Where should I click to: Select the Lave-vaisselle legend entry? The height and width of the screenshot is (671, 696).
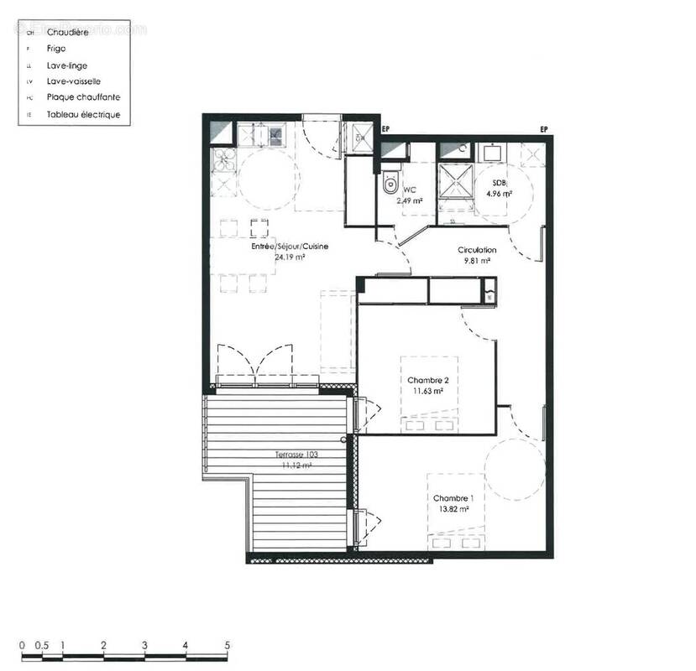tap(74, 81)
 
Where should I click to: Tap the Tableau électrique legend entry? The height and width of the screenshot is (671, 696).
tap(83, 114)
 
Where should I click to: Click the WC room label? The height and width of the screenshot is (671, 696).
tap(410, 190)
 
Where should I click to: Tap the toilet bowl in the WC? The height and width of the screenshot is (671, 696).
tap(390, 185)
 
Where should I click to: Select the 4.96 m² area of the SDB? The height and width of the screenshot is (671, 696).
tap(500, 194)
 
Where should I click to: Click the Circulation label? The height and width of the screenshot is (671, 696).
tap(477, 250)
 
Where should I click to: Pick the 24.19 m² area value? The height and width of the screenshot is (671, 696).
tap(289, 257)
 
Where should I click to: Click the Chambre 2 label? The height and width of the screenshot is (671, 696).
tap(429, 381)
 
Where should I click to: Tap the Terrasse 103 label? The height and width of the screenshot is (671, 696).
tap(296, 455)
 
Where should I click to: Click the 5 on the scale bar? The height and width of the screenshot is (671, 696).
tap(228, 646)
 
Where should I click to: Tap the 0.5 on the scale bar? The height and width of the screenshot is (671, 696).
tap(42, 646)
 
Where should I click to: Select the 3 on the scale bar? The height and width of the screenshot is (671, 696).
tap(145, 646)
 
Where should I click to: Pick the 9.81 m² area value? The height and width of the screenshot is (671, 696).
tap(477, 261)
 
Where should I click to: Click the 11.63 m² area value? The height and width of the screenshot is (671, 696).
tap(429, 391)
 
